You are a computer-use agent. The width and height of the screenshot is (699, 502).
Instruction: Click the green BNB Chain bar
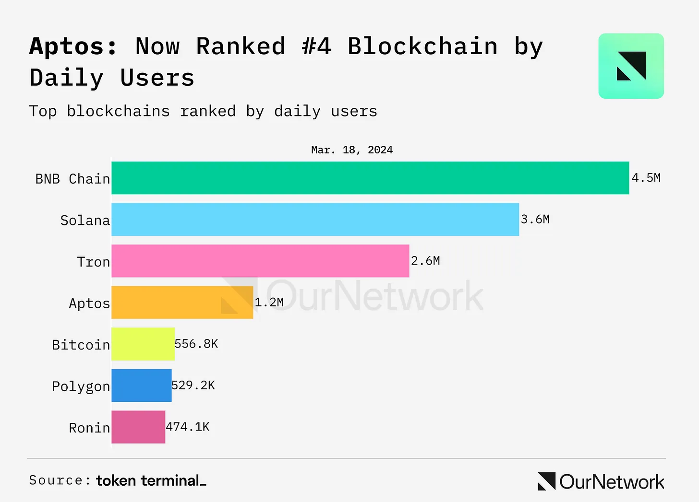370,178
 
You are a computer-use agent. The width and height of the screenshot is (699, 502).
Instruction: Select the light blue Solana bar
315,220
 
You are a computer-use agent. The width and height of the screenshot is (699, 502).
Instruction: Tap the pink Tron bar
260,261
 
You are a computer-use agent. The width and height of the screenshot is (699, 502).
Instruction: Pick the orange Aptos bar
182,303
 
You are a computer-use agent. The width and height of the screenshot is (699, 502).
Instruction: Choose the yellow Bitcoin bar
143,344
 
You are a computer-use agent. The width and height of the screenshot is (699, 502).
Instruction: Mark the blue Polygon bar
141,385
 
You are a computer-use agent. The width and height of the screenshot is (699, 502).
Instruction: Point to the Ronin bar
138,427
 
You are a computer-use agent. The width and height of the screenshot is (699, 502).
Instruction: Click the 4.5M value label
646,178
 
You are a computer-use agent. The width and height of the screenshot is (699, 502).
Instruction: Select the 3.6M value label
535,219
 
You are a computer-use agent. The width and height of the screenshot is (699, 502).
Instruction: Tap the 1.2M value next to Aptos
269,302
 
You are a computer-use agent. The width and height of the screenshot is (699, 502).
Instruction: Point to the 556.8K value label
196,344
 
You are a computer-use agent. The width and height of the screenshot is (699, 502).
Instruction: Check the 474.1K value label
188,427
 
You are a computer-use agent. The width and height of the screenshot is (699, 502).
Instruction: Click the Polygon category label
81,386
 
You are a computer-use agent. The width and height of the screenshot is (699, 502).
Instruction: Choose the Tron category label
93,262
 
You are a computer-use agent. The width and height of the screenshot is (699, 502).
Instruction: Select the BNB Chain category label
72,179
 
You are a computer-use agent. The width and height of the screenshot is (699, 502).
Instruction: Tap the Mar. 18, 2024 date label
352,150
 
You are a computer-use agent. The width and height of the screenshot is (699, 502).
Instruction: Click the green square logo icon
631,66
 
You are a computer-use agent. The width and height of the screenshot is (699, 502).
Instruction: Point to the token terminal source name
151,480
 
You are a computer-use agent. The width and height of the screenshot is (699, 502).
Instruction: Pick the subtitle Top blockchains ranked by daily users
203,111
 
